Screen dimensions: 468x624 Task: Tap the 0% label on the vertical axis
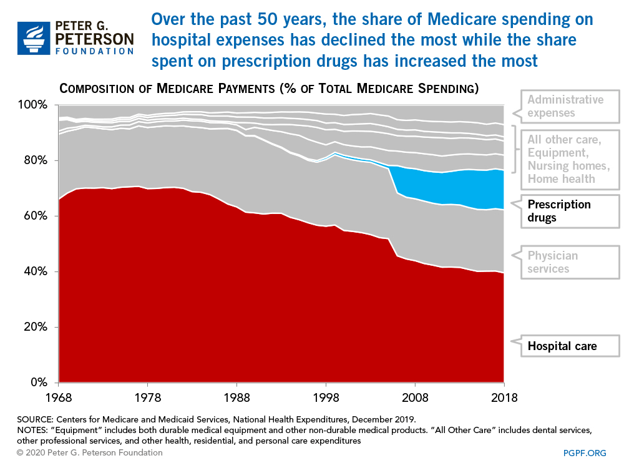point(40,383)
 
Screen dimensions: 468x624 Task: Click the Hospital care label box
point(562,346)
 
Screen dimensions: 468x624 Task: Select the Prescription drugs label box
point(559,211)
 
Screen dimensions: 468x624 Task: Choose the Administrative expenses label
point(565,106)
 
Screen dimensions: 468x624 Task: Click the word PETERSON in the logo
point(94,39)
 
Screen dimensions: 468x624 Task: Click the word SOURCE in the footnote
point(36,419)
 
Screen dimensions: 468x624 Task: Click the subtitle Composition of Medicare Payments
point(268,89)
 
